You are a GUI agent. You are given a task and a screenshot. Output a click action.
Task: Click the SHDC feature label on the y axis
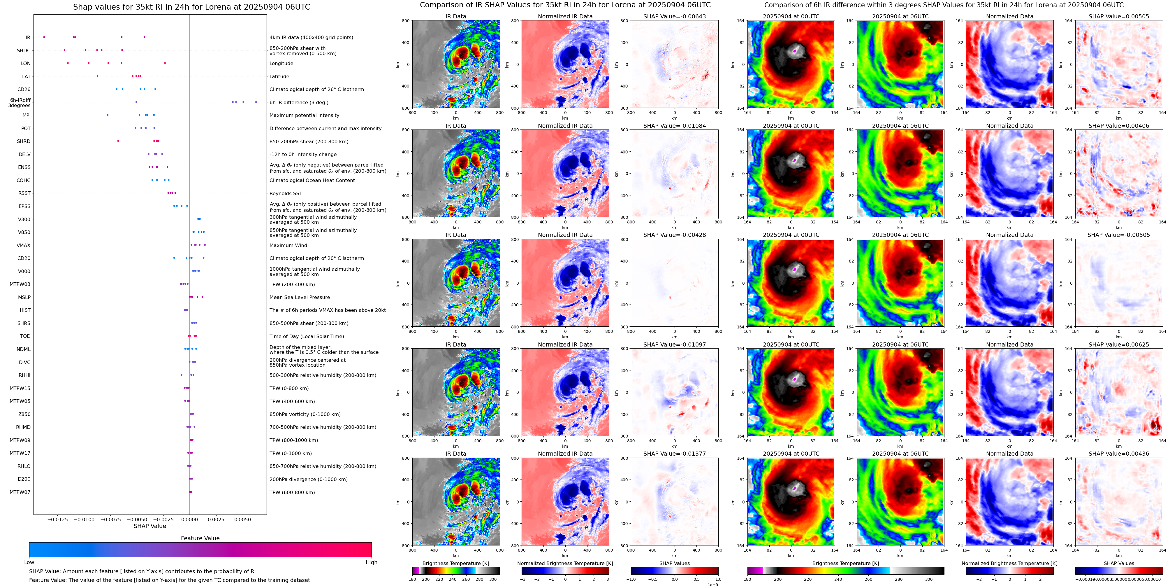(x=24, y=50)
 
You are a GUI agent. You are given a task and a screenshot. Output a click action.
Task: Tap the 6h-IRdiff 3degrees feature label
(x=20, y=103)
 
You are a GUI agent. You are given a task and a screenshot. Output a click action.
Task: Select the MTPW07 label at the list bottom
(x=20, y=492)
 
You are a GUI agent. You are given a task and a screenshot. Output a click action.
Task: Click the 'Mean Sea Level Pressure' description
(x=300, y=297)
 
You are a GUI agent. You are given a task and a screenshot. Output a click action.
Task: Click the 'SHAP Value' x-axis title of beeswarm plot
(x=150, y=526)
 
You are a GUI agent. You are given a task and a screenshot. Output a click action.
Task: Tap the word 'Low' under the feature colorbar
(x=29, y=562)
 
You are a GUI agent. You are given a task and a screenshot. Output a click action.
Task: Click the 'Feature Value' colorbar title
(x=200, y=538)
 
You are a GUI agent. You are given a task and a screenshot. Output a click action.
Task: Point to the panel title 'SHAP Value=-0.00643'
(x=675, y=16)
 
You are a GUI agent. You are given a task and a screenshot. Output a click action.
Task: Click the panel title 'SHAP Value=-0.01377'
(x=675, y=454)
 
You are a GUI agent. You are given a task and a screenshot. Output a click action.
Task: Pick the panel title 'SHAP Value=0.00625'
(x=1119, y=344)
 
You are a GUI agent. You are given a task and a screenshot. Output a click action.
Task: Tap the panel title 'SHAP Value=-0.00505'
(x=1119, y=235)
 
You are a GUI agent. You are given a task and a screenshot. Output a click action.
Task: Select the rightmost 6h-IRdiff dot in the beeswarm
(x=256, y=102)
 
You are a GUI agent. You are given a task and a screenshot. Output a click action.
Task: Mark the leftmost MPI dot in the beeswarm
(x=108, y=115)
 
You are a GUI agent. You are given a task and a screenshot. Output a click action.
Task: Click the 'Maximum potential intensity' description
(x=304, y=116)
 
